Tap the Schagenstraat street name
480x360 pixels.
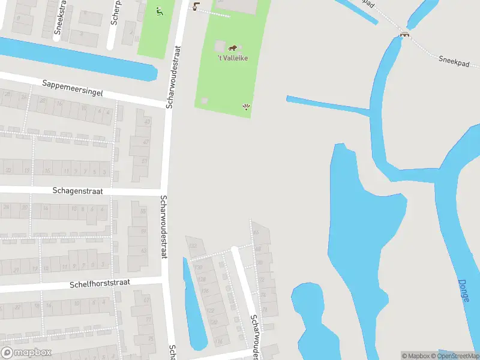tap(77, 190)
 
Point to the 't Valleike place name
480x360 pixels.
tap(233, 58)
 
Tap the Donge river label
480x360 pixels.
tap(463, 290)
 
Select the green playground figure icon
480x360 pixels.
tap(159, 11)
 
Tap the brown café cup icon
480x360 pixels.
tap(196, 6)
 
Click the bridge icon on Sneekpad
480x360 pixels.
tap(406, 34)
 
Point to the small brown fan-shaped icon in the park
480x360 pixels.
tap(246, 107)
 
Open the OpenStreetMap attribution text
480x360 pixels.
tap(458, 356)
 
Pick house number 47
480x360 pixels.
tap(145, 142)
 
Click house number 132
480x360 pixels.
tap(193, 246)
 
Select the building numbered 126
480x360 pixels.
tap(206, 291)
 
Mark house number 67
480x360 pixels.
tap(146, 300)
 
